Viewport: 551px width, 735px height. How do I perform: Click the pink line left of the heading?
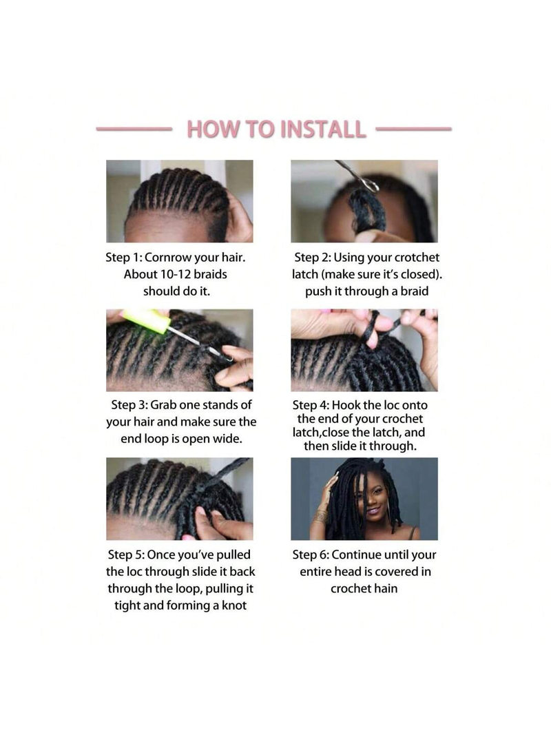point(134,128)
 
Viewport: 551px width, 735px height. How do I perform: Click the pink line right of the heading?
point(414,128)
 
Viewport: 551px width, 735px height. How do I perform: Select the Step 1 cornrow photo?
point(180,201)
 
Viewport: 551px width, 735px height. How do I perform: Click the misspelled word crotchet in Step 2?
point(417,258)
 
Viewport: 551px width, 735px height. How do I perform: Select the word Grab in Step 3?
point(161,404)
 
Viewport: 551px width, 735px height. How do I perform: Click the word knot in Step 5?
point(233,605)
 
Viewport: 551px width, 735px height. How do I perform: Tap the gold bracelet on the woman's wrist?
point(320,516)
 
